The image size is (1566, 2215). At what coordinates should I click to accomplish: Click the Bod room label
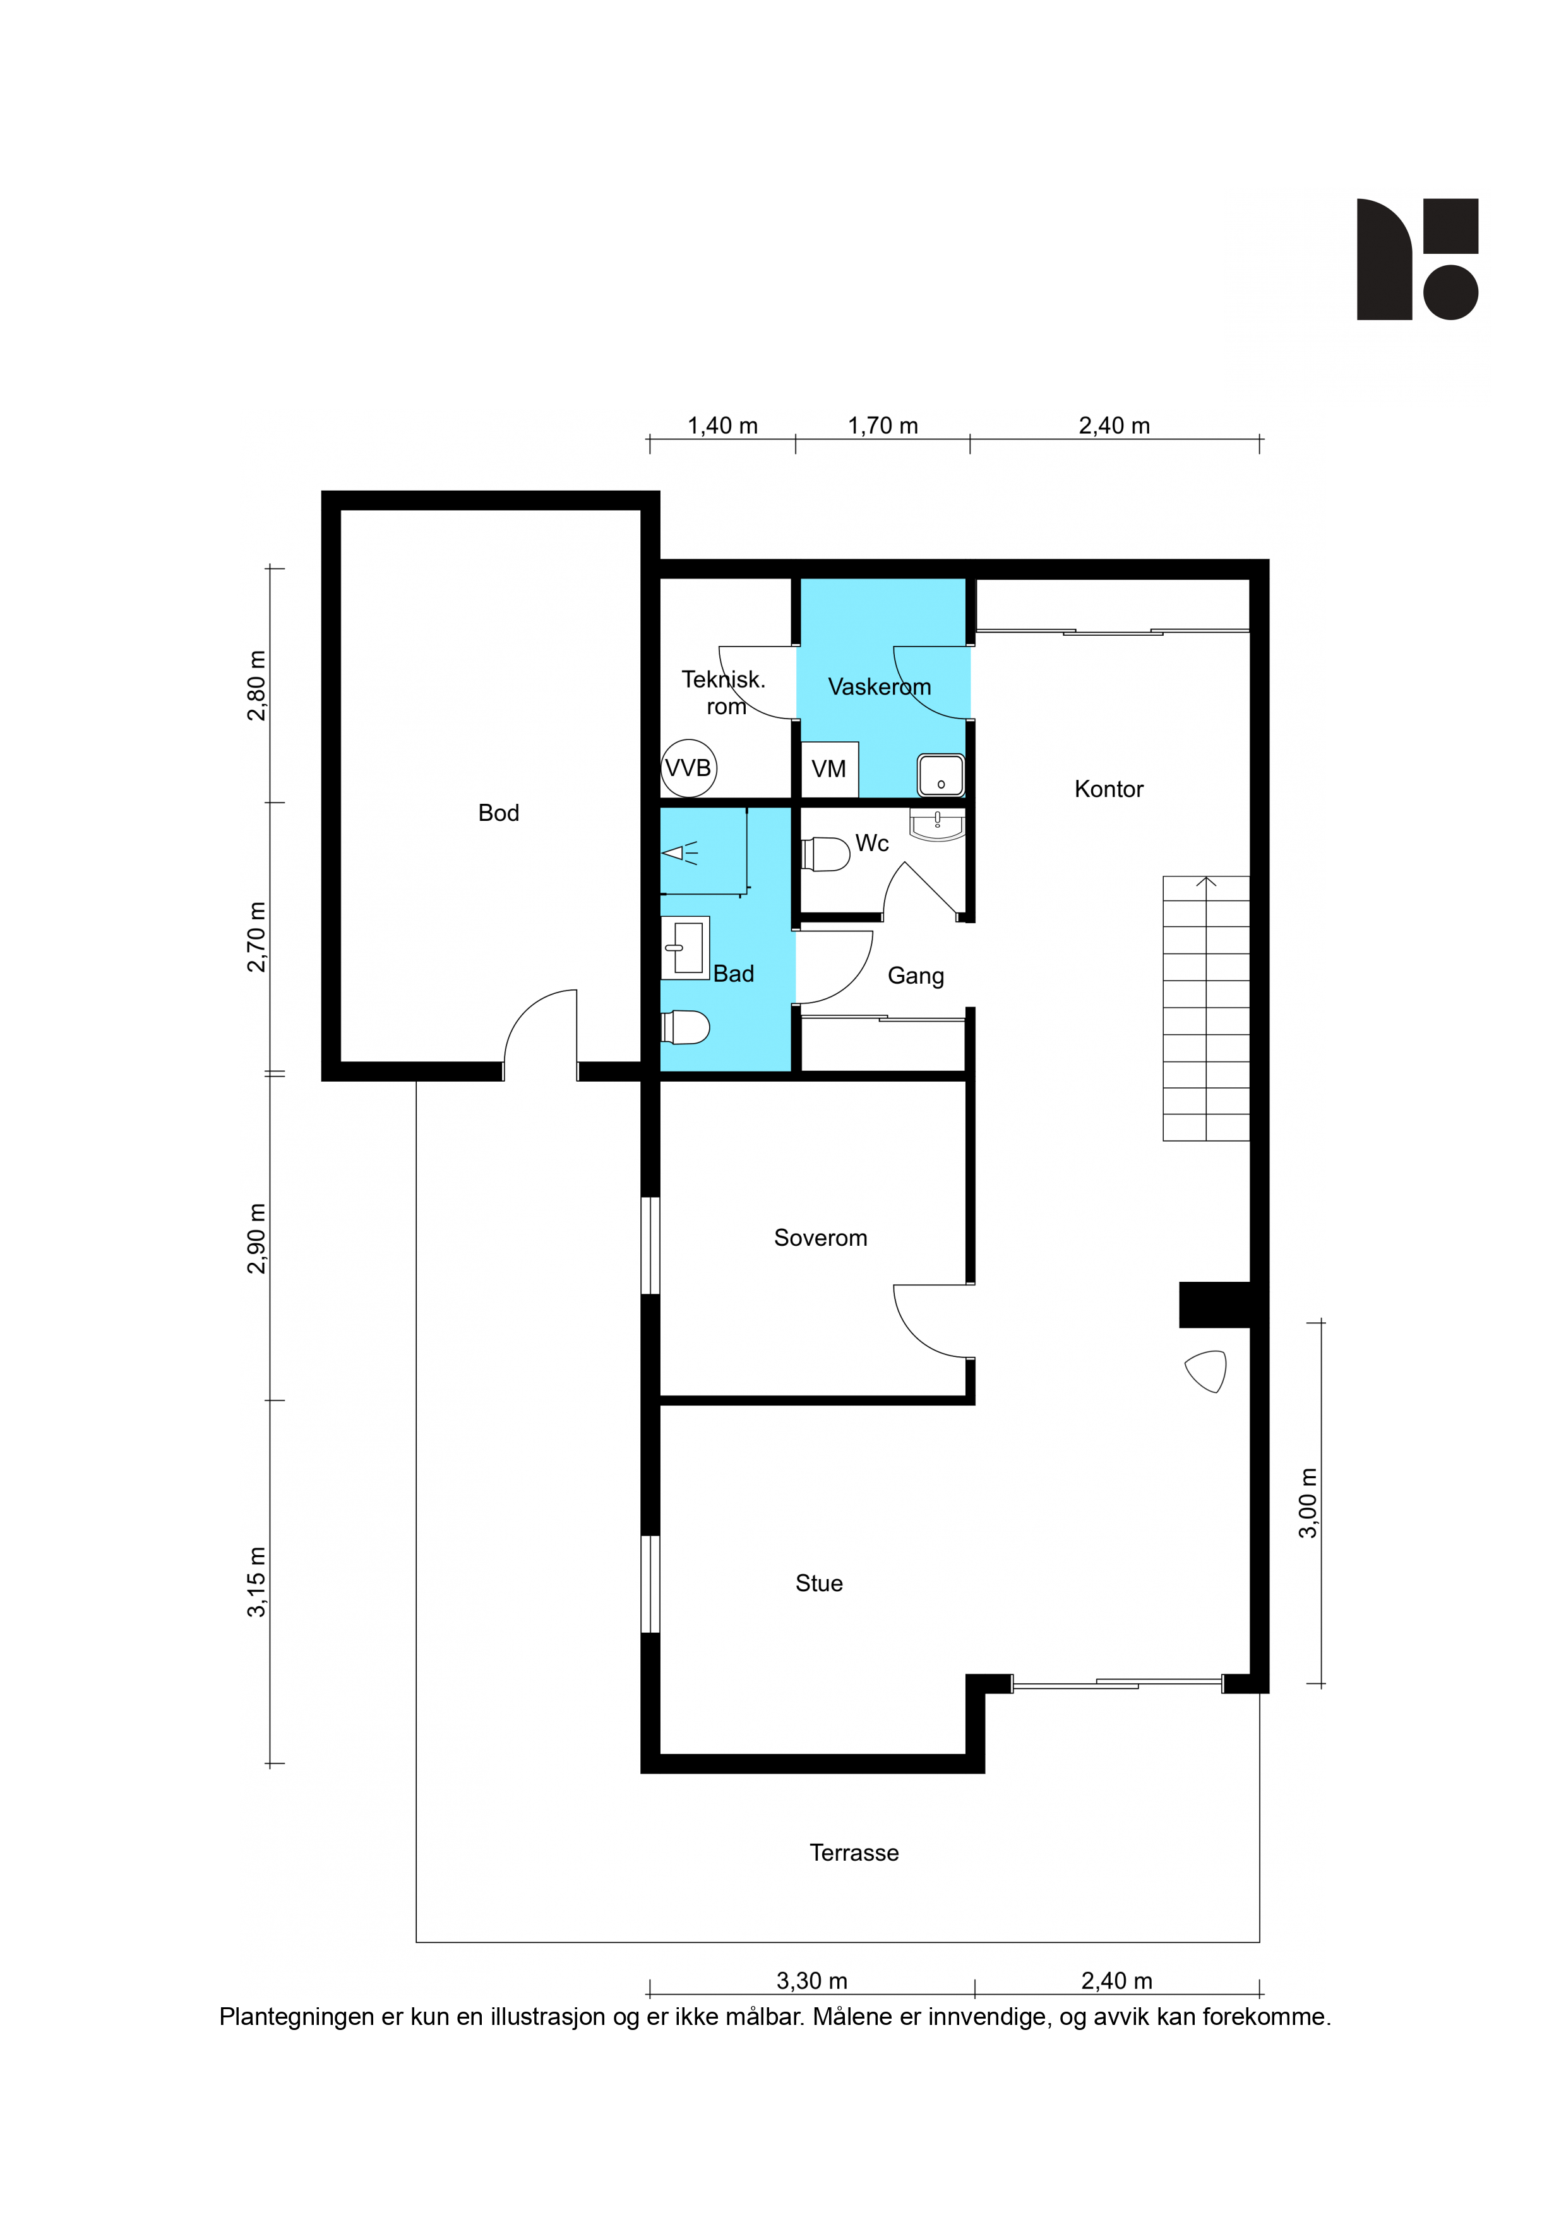[x=499, y=813]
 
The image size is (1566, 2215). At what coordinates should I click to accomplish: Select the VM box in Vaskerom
[x=829, y=769]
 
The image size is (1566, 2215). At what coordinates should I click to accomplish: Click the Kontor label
[x=1109, y=789]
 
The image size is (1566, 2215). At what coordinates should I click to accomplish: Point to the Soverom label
[x=820, y=1238]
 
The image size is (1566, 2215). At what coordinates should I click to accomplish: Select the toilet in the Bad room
[x=686, y=1027]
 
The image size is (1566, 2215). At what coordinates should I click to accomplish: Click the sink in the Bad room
[x=686, y=947]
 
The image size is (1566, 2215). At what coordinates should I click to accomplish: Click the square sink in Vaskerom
[x=941, y=775]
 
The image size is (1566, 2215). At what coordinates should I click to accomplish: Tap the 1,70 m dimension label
[x=883, y=426]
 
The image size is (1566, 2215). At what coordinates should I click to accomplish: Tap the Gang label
[x=916, y=976]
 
